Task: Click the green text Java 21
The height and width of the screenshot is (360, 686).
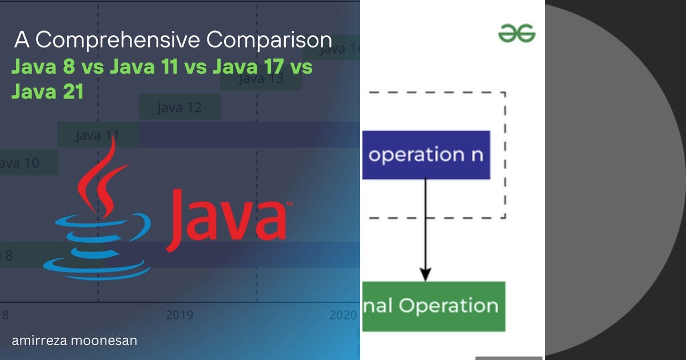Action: pyautogui.click(x=47, y=91)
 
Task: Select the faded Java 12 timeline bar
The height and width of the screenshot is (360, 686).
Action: pyautogui.click(x=180, y=107)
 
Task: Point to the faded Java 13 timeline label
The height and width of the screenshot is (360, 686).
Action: pyautogui.click(x=261, y=78)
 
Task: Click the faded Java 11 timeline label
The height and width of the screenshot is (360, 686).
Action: pyautogui.click(x=97, y=135)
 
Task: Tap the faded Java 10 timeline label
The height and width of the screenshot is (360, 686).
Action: pyautogui.click(x=20, y=163)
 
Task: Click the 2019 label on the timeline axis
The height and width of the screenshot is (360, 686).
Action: pyautogui.click(x=180, y=315)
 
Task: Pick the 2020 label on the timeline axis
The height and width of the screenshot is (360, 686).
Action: pyautogui.click(x=343, y=315)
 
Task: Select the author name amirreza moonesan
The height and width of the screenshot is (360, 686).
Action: pyautogui.click(x=74, y=341)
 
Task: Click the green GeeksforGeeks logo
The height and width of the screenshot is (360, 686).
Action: pyautogui.click(x=517, y=33)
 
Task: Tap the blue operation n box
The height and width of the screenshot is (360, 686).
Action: pyautogui.click(x=426, y=155)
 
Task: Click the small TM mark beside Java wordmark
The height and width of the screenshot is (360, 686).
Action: pyautogui.click(x=289, y=203)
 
